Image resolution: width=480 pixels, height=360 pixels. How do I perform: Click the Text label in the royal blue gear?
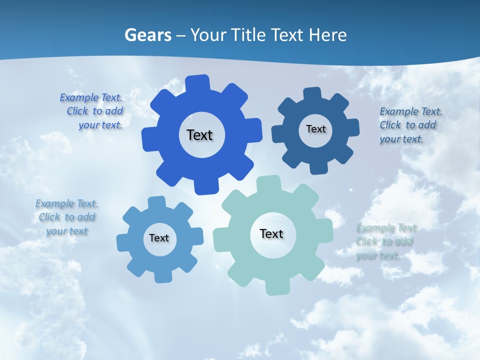(x=199, y=135)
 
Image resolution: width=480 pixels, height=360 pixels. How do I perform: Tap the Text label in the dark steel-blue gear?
(x=315, y=129)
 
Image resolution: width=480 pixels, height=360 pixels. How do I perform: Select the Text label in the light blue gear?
(x=159, y=238)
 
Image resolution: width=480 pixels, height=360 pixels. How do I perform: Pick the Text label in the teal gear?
(x=271, y=233)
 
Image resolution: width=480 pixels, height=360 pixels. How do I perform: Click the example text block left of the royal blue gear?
(x=92, y=111)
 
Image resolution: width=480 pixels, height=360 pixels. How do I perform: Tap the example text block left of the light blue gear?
(x=66, y=217)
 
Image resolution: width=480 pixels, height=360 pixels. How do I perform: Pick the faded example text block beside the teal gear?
(x=386, y=242)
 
